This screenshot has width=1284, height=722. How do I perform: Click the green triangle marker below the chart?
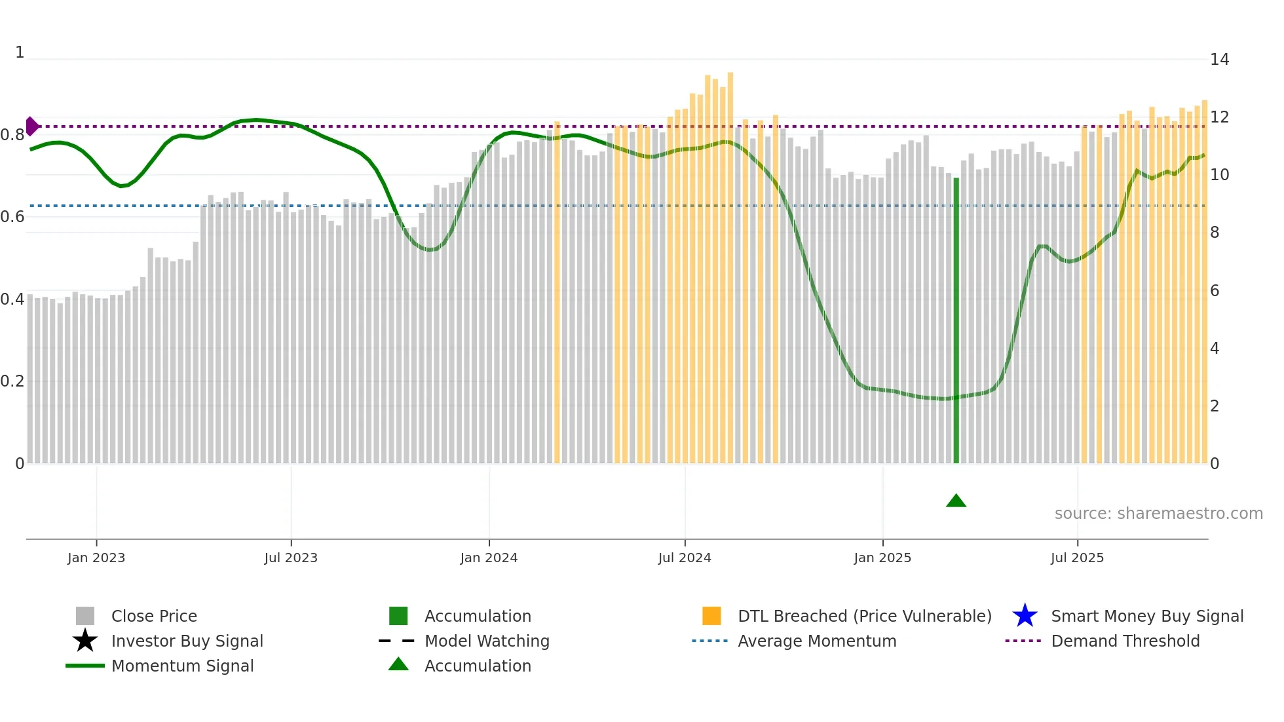(956, 501)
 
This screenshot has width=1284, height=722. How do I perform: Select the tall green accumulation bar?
(956, 321)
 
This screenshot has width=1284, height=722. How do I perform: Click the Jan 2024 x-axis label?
(489, 558)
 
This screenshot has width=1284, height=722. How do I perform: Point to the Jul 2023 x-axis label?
(291, 558)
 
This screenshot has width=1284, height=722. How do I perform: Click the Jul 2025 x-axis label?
(1077, 558)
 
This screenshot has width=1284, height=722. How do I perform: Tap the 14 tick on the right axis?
(1219, 60)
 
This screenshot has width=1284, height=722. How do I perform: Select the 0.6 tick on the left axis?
(12, 217)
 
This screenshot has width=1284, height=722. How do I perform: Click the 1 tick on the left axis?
(20, 52)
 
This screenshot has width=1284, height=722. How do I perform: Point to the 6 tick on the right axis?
(1215, 291)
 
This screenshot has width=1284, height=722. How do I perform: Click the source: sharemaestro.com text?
(1158, 514)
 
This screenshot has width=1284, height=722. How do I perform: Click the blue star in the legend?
(1025, 616)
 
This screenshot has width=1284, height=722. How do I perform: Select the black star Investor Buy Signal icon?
(85, 641)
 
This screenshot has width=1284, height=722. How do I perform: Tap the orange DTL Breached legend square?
(711, 616)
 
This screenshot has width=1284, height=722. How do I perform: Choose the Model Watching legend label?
(487, 641)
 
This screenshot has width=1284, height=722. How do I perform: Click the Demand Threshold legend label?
(1125, 641)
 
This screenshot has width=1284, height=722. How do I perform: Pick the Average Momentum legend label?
(817, 641)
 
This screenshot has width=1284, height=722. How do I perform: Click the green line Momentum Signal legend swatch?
(85, 666)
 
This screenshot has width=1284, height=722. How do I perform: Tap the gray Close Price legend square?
(85, 616)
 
